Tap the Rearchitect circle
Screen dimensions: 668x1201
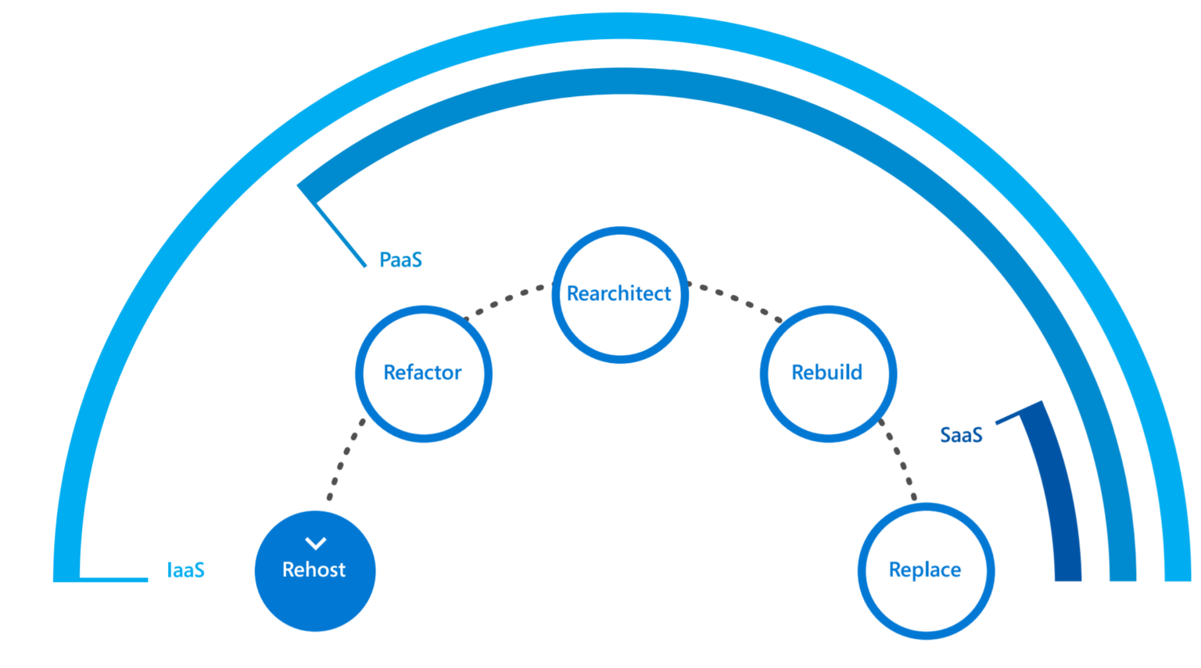(620, 329)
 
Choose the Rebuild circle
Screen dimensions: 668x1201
(828, 403)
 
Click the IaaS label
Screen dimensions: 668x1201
(186, 570)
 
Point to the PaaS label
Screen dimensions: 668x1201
(400, 260)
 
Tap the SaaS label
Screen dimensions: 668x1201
(961, 435)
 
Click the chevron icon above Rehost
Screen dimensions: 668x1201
(315, 543)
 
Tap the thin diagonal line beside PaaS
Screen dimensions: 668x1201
(340, 234)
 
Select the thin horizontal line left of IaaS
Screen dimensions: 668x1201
(113, 580)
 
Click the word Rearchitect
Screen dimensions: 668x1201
(619, 294)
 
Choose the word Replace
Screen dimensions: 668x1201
(925, 570)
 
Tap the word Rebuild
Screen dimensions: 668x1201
(827, 373)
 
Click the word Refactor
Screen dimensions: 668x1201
(422, 373)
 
